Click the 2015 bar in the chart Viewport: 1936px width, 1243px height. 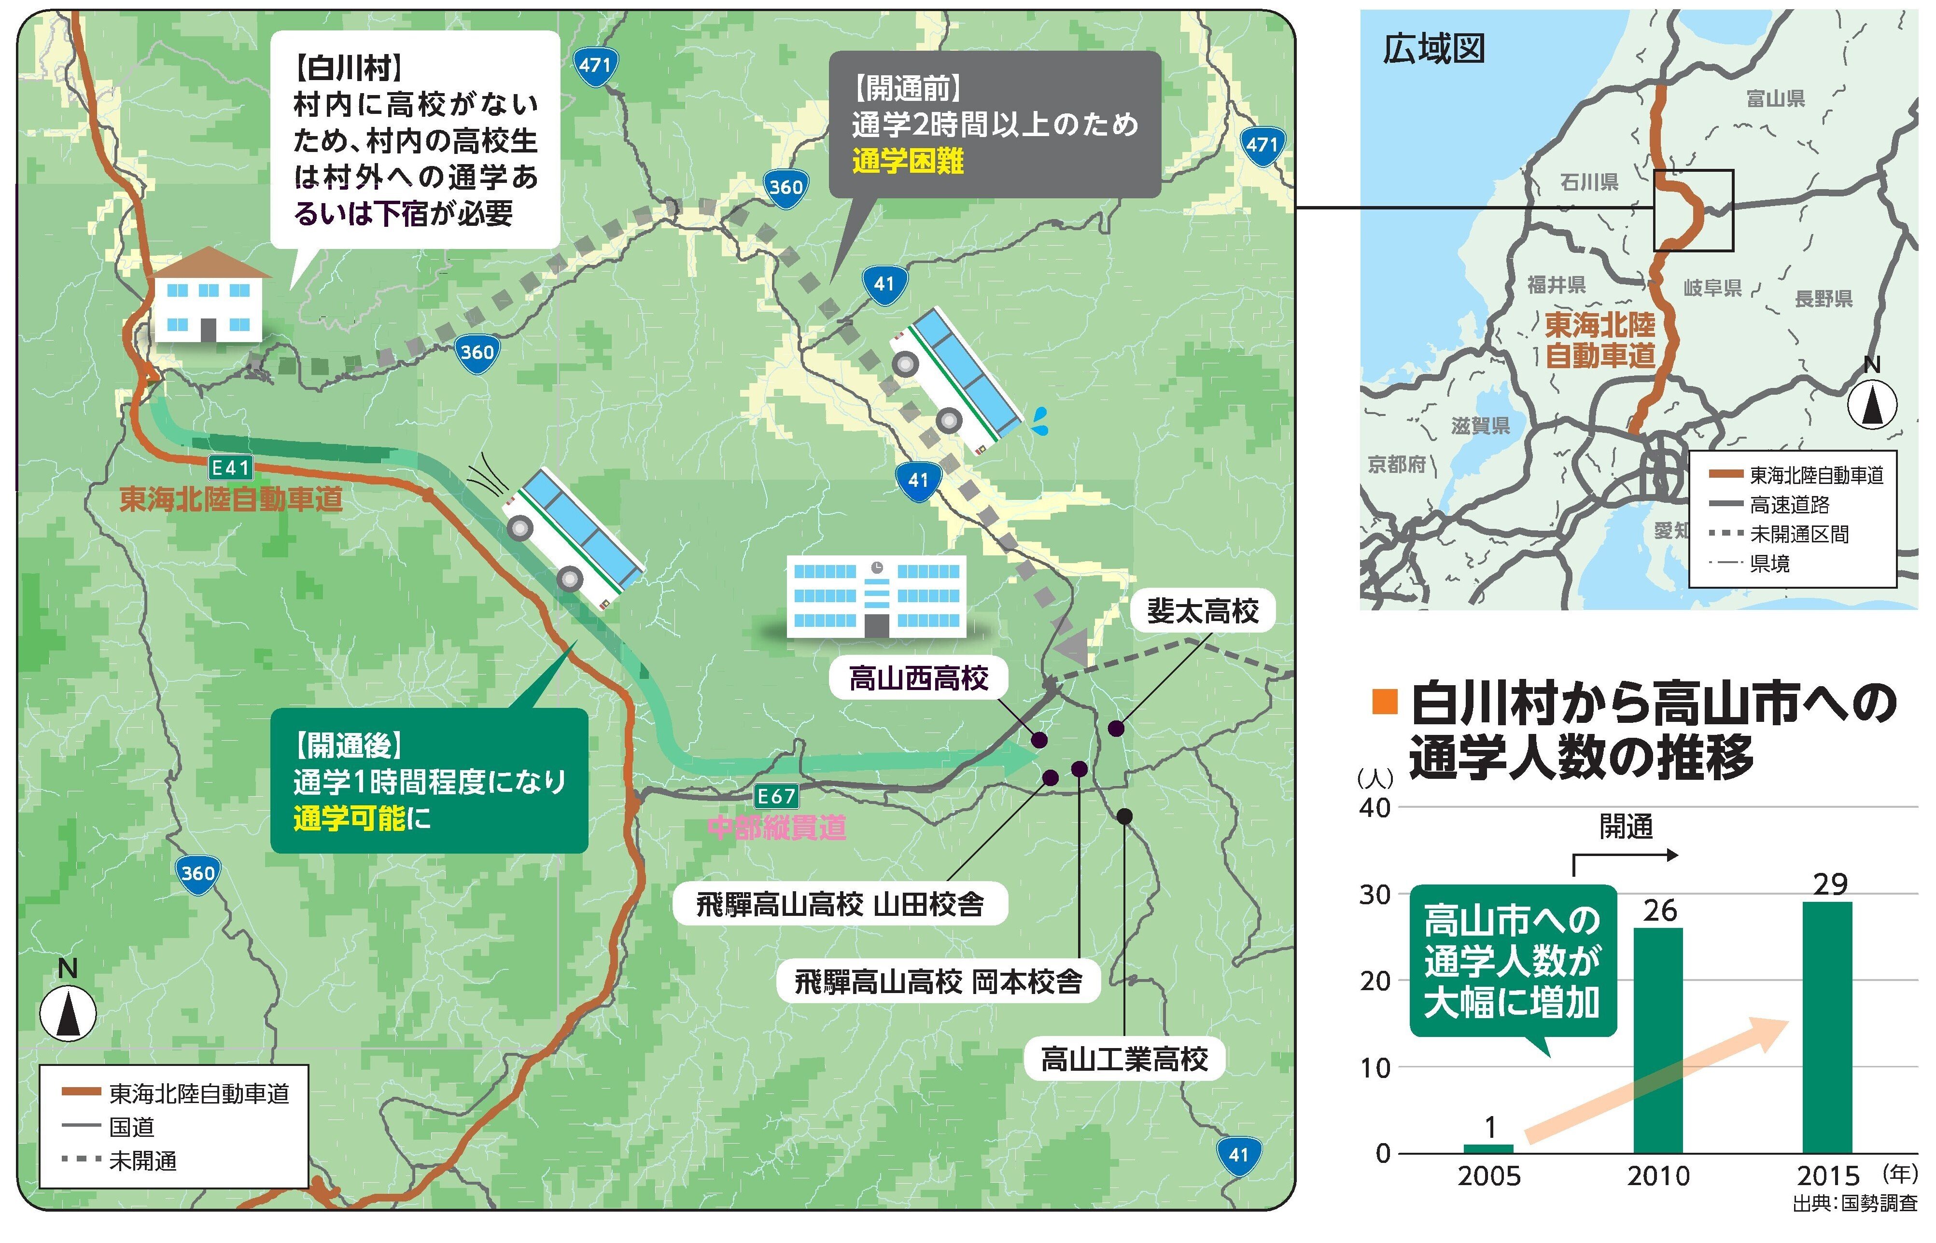coord(1828,1027)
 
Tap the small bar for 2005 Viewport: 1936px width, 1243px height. coord(1489,1148)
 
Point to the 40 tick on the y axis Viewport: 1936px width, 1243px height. coord(1375,807)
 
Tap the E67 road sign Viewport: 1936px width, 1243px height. coord(776,797)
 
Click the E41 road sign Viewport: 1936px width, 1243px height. coord(230,468)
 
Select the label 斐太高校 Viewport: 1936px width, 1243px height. coord(1203,611)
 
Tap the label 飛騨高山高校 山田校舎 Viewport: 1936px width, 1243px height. coord(840,904)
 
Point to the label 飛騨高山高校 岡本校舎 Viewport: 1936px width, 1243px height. coord(938,981)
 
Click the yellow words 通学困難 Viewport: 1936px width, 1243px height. coord(908,162)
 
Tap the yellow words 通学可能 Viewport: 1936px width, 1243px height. coord(349,818)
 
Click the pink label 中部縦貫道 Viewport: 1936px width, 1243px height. coord(777,828)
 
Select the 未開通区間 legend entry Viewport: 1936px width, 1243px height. coord(1799,534)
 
